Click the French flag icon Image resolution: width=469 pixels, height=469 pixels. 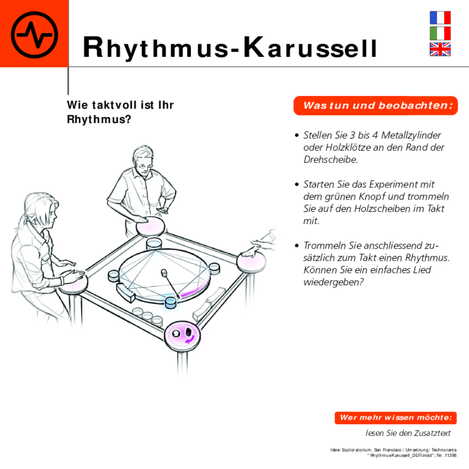pos(440,18)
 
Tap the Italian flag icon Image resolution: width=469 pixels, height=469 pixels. pos(440,33)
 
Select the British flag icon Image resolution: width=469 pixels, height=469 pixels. pos(440,49)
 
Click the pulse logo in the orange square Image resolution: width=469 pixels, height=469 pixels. pos(34,34)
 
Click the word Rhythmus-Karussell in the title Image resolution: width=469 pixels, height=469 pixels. pos(230,48)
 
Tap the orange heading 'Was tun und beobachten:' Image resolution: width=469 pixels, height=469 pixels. pos(376,106)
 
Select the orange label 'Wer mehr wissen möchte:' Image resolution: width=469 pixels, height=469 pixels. pos(395,418)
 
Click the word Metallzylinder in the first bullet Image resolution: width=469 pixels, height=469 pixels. pos(411,135)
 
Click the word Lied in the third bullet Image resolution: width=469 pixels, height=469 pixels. pos(422,270)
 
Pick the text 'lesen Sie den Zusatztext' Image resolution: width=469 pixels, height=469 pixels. pos(408,433)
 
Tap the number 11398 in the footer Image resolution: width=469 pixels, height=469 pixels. pos(450,455)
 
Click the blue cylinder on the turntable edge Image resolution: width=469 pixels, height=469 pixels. pos(171,302)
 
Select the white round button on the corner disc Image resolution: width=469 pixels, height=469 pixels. pos(176,334)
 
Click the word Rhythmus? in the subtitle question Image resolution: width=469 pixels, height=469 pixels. pos(99,120)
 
